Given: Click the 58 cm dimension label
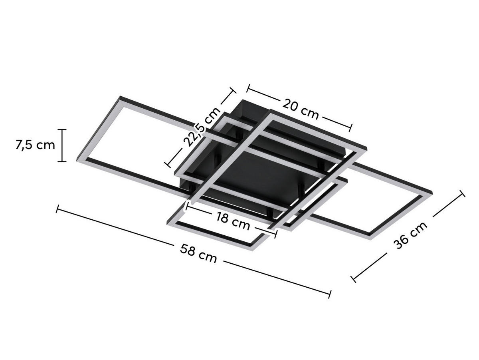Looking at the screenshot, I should tap(198, 254).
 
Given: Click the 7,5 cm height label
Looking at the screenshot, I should tap(35, 145).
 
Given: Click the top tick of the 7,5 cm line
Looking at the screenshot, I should tap(62, 129).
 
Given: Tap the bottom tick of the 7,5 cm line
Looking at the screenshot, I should tap(62, 161).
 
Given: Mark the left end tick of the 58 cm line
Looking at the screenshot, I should tap(58, 209).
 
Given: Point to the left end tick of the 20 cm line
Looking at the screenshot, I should tap(248, 87).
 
